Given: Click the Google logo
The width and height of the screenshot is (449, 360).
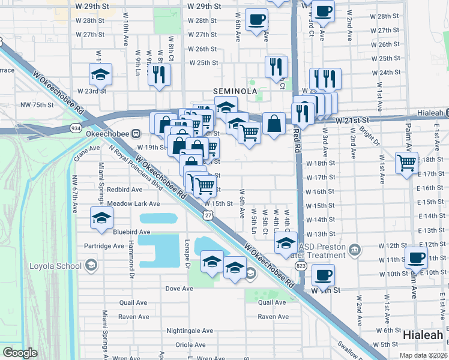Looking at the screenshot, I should click(20, 353).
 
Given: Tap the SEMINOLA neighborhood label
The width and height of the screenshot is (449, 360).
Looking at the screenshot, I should click(236, 91).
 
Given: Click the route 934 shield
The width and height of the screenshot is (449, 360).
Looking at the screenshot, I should click(76, 128).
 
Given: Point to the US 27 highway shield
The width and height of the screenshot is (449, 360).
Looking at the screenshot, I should click(208, 215).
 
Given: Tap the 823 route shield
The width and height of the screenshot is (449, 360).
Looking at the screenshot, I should click(301, 265).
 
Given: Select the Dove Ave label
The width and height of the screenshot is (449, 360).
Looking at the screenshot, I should click(179, 289).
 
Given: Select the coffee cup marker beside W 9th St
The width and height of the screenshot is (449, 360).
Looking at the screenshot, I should click(323, 275).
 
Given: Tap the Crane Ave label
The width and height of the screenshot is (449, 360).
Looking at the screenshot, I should click(86, 148).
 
